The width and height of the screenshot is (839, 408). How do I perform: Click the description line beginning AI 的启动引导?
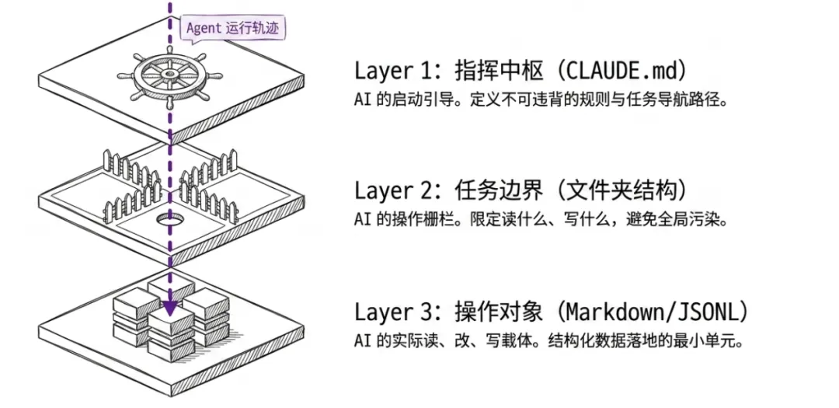pos(541,101)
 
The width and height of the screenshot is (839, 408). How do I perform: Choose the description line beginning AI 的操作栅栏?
pos(541,221)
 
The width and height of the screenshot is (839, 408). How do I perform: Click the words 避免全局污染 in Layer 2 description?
pos(676,221)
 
